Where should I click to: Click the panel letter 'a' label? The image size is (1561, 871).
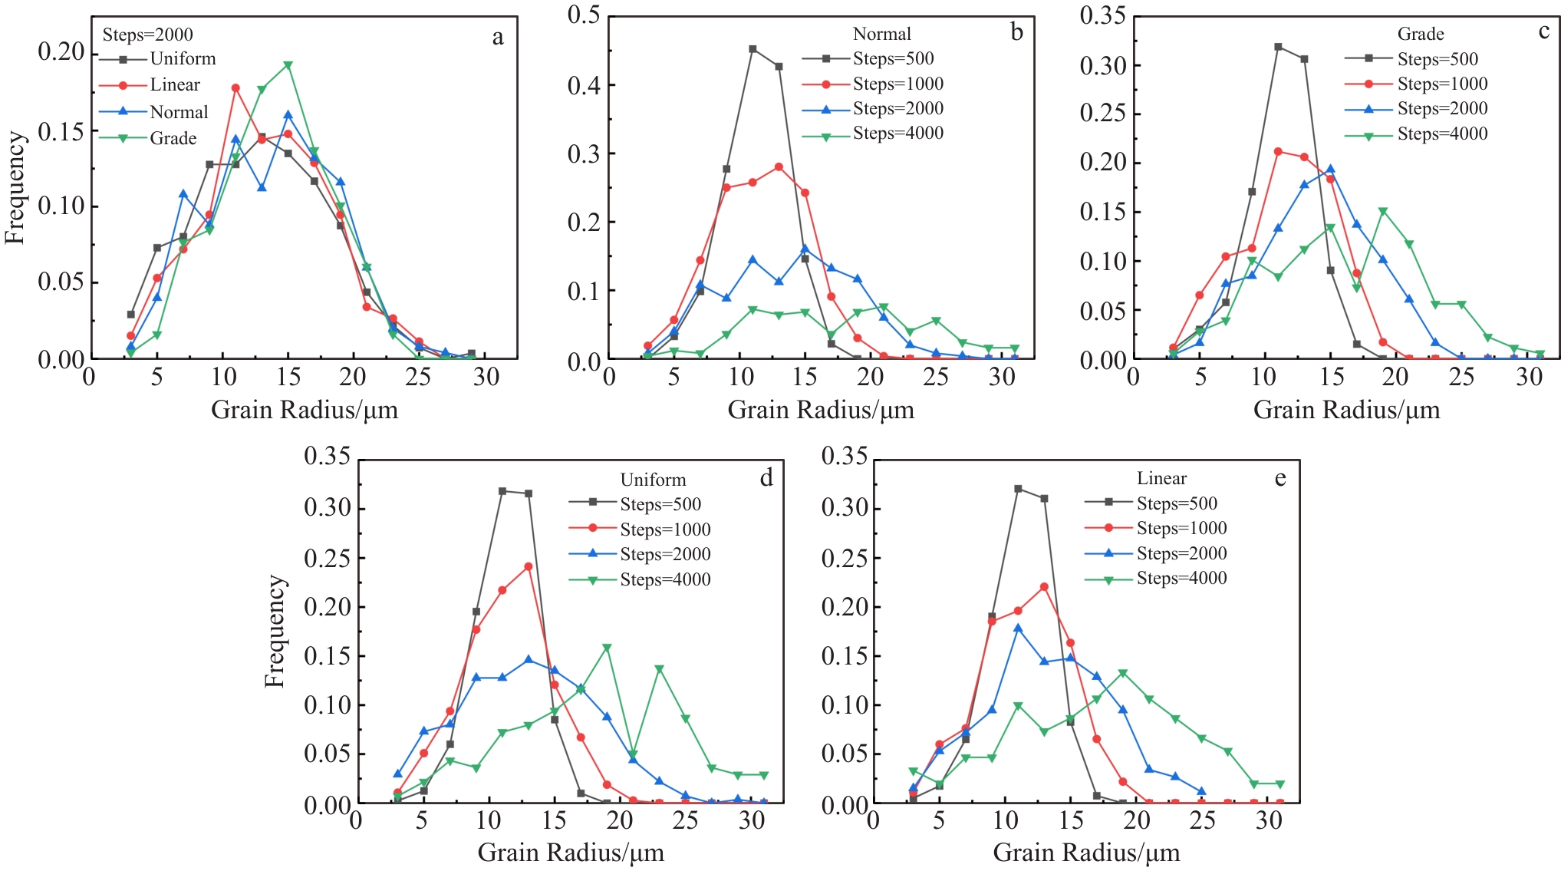(498, 38)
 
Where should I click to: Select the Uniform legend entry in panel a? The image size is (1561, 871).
(183, 59)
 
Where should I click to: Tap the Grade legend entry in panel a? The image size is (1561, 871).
(173, 138)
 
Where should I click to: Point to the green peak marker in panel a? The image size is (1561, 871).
(288, 65)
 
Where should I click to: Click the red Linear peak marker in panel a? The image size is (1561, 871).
(235, 87)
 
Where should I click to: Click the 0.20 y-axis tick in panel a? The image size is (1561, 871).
(61, 52)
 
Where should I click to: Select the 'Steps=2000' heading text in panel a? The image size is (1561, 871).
(148, 35)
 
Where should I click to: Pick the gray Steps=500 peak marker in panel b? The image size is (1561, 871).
(753, 49)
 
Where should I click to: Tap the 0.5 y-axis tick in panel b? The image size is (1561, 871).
(584, 15)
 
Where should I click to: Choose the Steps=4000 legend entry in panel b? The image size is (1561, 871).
(897, 134)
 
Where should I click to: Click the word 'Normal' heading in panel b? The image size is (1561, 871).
(882, 34)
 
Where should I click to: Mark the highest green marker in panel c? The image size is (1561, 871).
(1383, 211)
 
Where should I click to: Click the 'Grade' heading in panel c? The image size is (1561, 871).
(1421, 34)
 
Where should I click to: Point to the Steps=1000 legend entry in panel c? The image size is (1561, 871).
(1442, 84)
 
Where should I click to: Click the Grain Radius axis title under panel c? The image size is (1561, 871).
(1346, 410)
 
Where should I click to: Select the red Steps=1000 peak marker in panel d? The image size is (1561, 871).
(529, 566)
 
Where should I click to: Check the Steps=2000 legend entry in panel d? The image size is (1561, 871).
(665, 554)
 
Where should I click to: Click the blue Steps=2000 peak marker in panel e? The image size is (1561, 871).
(1018, 628)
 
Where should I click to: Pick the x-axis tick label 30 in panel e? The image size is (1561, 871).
(1269, 821)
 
